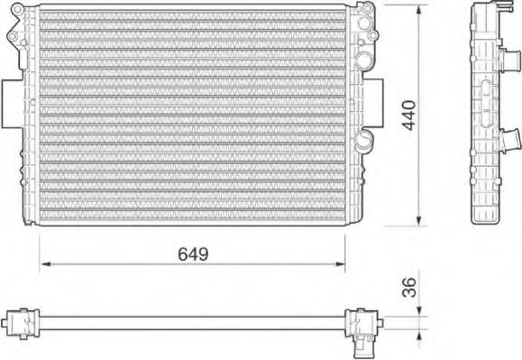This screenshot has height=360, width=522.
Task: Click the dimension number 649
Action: click(x=191, y=254)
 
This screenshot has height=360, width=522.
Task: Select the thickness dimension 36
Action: click(x=408, y=286)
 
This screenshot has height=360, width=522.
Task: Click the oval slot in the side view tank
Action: click(x=485, y=96)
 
